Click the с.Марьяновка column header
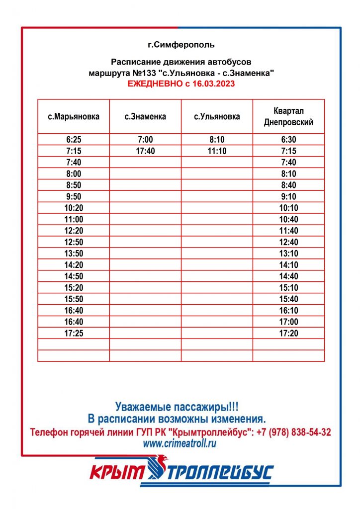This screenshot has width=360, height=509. tap(74, 117)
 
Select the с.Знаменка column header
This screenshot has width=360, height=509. tap(145, 117)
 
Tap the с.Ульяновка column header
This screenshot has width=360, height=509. tap(217, 117)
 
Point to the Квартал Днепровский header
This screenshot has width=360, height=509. tap(288, 116)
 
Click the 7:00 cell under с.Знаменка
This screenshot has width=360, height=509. tap(145, 140)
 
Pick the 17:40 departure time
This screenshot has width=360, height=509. tap(145, 151)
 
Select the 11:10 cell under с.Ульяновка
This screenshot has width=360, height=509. tap(217, 151)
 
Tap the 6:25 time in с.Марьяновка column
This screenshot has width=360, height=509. tap(74, 140)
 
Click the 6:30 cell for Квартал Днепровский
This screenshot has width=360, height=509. tap(288, 140)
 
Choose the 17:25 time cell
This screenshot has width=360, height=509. tap(74, 333)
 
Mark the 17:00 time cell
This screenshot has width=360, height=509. tap(288, 322)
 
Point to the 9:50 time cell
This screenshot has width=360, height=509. tap(74, 196)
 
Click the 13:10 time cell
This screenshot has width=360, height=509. tap(288, 254)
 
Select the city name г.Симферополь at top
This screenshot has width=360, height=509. tap(181, 45)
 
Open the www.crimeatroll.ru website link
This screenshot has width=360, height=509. tap(180, 444)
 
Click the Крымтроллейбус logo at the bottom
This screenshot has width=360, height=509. tap(181, 472)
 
